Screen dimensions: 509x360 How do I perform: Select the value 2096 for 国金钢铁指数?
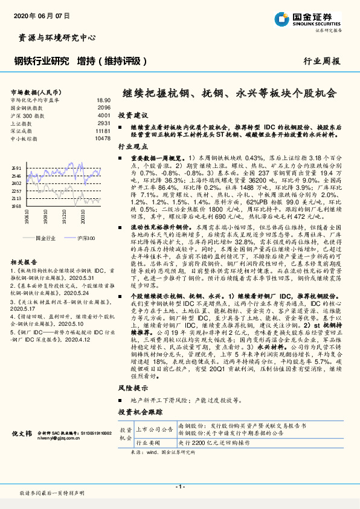pos(104,107)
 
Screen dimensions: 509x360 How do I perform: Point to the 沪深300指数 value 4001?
pos(104,115)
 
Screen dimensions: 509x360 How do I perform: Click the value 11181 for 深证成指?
pos(103,131)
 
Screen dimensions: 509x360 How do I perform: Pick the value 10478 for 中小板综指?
pos(103,138)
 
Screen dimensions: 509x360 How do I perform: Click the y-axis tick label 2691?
pos(16,168)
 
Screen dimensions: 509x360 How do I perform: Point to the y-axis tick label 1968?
pos(16,206)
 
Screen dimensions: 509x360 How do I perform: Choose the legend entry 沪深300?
pos(85,238)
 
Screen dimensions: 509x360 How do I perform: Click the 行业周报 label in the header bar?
pos(321,61)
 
